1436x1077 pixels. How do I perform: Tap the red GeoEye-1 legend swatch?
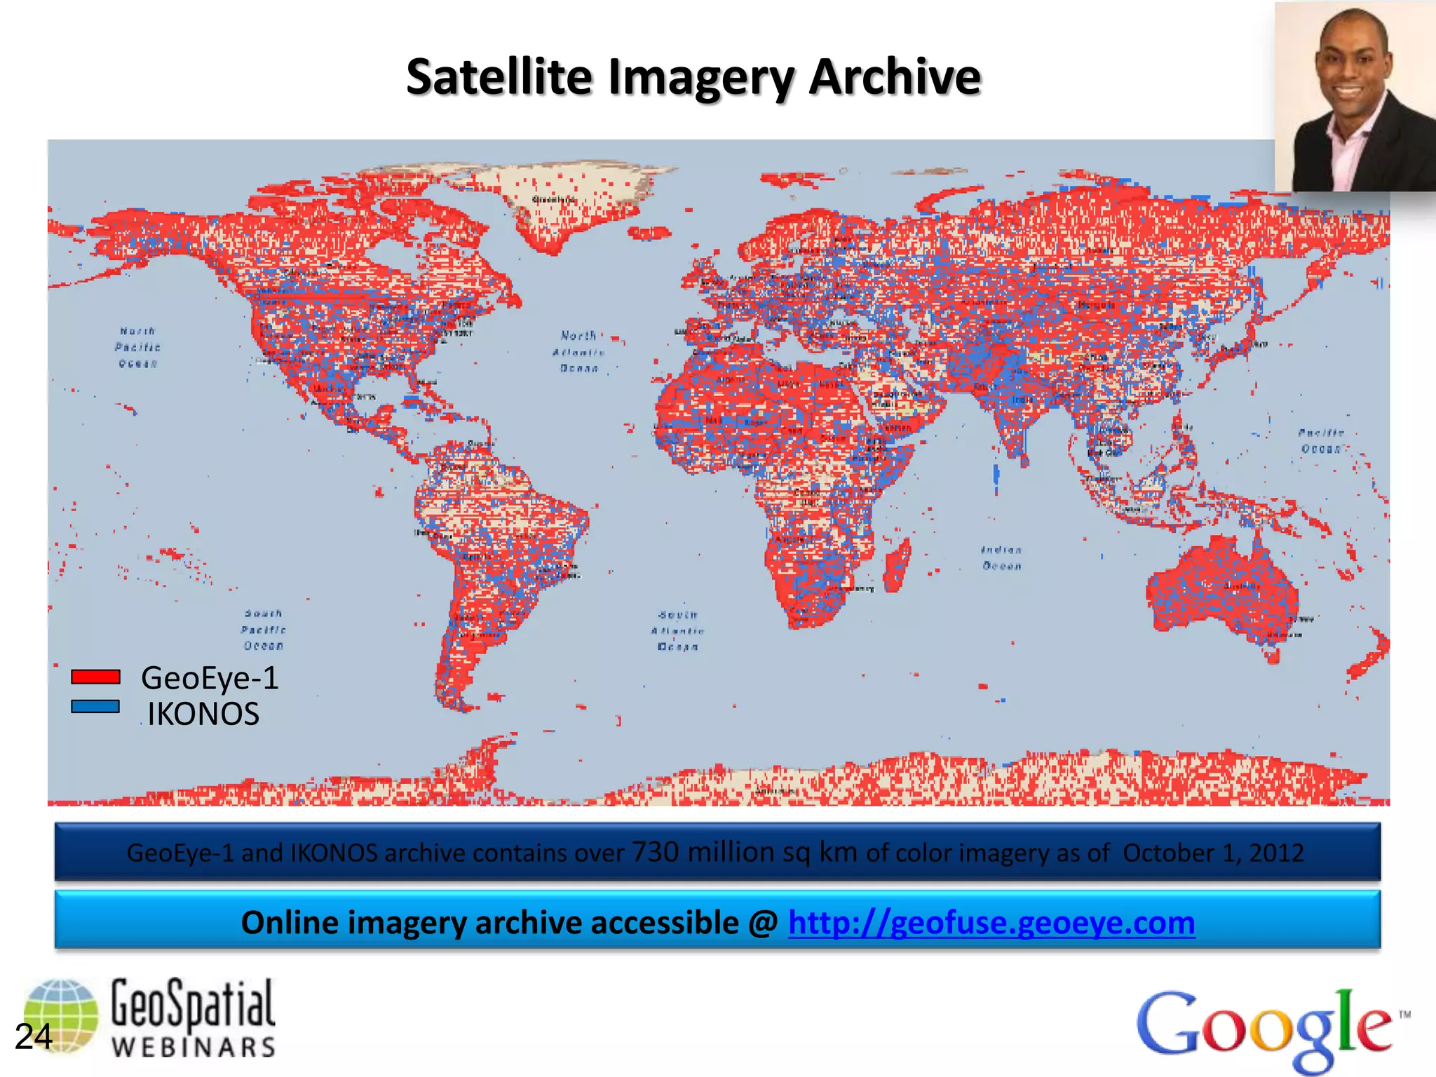point(95,677)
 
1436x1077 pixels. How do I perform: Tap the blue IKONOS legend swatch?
point(95,707)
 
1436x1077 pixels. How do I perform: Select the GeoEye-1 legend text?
point(210,678)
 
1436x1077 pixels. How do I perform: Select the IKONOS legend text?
point(203,714)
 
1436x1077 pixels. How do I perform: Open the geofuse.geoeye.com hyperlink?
point(991,923)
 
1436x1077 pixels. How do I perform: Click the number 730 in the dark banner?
point(656,852)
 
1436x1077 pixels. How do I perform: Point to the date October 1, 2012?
point(1213,853)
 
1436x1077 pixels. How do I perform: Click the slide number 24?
point(33,1037)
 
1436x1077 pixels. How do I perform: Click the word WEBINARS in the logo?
point(194,1047)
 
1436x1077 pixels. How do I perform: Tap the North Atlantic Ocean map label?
point(579,351)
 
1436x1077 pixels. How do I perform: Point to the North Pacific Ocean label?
point(137,347)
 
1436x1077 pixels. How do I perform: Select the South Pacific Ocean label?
point(264,630)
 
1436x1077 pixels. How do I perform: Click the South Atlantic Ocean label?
point(677,630)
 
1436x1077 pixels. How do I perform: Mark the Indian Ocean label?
point(1001,558)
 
